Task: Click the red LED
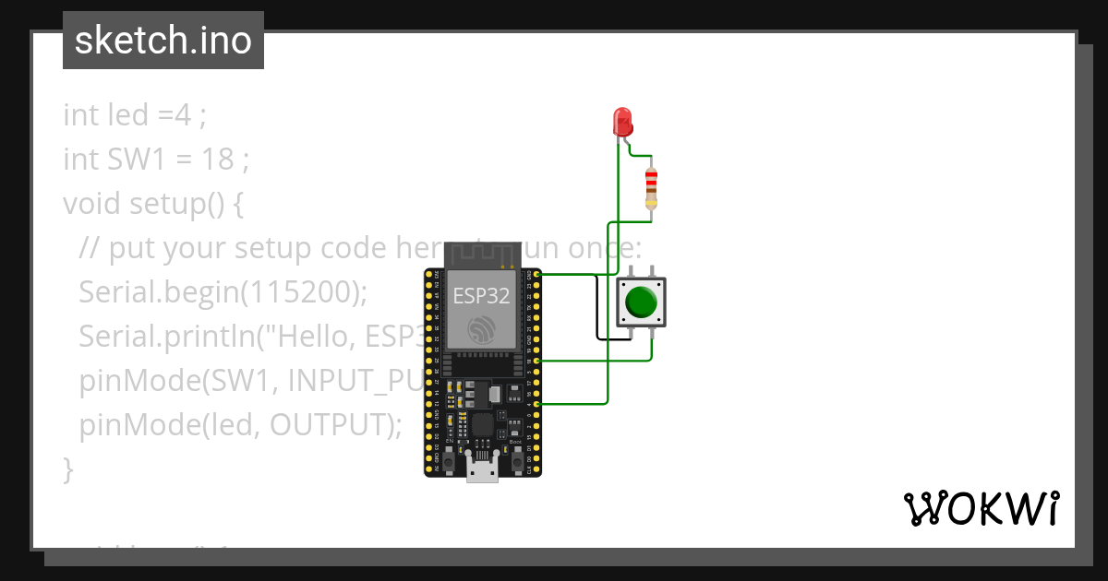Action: [622, 121]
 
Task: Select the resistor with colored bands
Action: [652, 189]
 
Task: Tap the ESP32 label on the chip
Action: [481, 296]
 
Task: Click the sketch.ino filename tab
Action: [163, 41]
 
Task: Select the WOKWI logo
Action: [981, 508]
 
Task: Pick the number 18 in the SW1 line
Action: [217, 159]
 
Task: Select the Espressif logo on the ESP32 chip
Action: [481, 329]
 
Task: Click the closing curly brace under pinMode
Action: [67, 468]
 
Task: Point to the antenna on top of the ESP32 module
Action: [481, 254]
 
